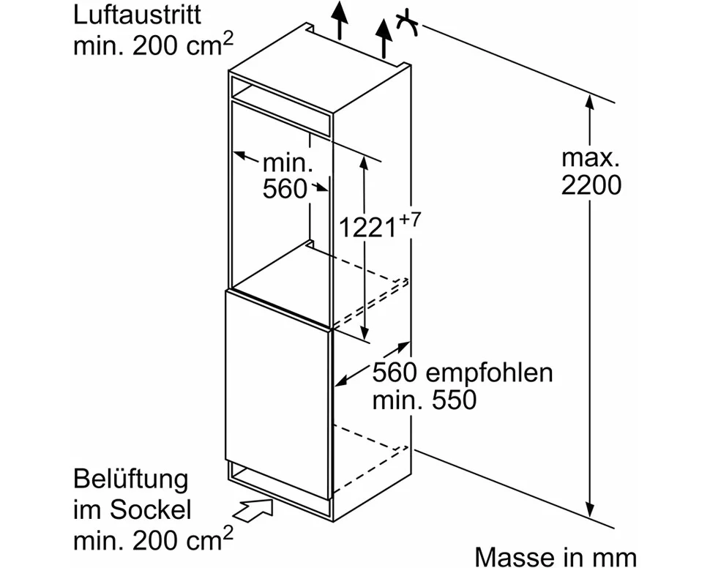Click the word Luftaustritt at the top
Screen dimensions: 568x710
click(x=137, y=15)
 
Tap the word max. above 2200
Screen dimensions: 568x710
click(x=591, y=157)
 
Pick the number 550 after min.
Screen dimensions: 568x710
click(x=455, y=400)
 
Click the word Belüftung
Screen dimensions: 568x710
click(x=130, y=481)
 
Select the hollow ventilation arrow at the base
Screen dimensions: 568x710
click(x=255, y=508)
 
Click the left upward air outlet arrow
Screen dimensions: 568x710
click(x=338, y=19)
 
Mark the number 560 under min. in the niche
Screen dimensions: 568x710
click(x=285, y=189)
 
